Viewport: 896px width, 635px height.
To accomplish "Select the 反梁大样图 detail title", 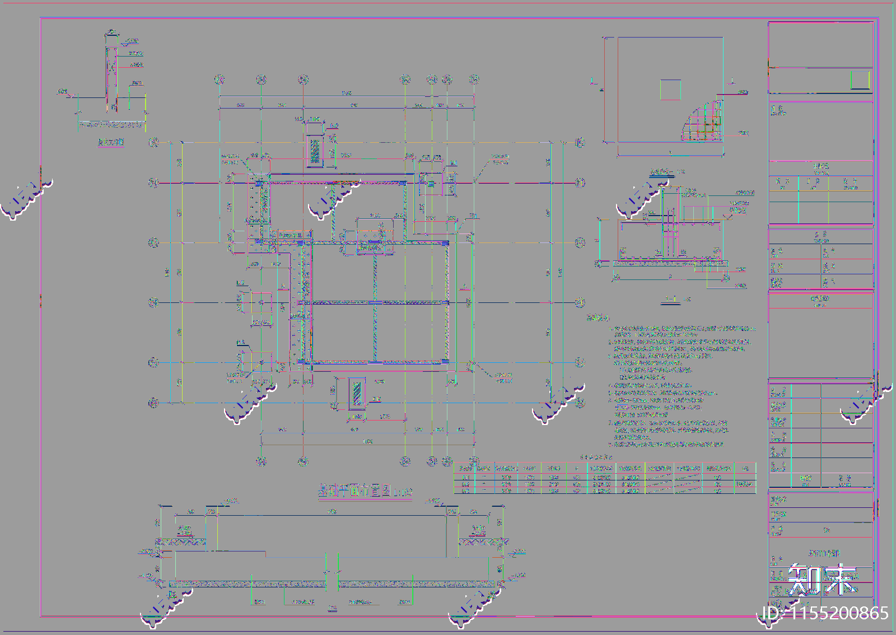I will click(111, 142).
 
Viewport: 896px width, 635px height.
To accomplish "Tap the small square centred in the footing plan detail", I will click(670, 90).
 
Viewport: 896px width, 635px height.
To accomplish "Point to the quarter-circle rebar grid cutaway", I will click(702, 123).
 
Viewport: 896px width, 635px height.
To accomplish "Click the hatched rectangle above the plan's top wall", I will click(315, 150).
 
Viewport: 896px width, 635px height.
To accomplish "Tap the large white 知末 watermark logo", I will click(822, 579).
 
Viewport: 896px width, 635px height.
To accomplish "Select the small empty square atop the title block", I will click(860, 80).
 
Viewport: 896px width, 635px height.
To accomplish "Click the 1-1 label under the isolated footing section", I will click(670, 300).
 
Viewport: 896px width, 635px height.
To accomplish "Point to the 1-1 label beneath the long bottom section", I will click(333, 609).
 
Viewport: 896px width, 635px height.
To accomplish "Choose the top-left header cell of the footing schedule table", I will click(465, 468).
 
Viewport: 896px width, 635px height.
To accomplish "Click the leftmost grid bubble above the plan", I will click(220, 80).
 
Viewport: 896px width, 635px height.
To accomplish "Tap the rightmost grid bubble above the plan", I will click(474, 80).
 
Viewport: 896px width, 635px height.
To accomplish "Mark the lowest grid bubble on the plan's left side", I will click(153, 403).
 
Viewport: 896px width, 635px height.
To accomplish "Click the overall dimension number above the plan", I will click(347, 93).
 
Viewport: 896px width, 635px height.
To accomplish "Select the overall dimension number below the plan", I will click(367, 442).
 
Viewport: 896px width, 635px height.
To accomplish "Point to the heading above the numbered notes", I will click(598, 317).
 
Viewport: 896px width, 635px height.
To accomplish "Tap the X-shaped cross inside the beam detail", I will click(113, 67).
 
